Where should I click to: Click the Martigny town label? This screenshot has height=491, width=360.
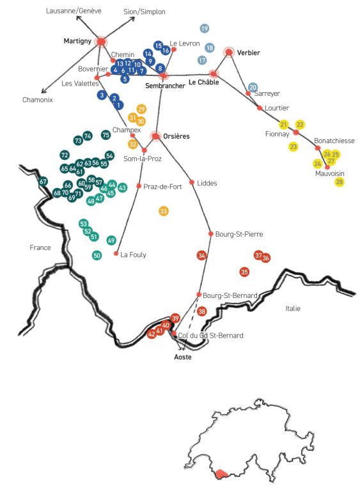coord(77,41)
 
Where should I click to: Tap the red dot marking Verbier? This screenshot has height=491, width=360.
coord(229,52)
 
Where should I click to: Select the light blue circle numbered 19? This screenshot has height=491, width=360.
coord(205,29)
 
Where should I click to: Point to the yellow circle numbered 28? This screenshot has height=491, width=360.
coord(340,182)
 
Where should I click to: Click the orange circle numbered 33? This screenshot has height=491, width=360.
coord(163,211)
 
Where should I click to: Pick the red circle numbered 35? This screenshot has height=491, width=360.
coord(244,272)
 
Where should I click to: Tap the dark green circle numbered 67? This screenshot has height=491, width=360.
coord(43,182)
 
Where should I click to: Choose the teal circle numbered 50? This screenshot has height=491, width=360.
coord(97,255)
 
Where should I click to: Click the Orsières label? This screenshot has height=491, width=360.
coord(176,136)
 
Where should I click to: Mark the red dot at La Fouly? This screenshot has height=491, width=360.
coord(116,253)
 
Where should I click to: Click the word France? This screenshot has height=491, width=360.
coord(40,247)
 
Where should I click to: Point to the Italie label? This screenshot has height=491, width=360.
coord(293,308)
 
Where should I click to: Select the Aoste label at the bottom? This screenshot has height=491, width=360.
coord(183,357)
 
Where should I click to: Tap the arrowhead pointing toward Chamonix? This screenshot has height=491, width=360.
coord(43,91)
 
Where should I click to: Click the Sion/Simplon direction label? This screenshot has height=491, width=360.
coord(145,12)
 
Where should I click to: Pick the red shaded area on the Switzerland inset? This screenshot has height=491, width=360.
coord(222,474)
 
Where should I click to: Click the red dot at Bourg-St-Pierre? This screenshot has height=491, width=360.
coord(211,233)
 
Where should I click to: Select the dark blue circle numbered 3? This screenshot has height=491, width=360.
coord(102,95)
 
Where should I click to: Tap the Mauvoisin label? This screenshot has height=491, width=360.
coord(329,173)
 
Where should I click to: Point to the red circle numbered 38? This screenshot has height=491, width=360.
coord(202,311)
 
